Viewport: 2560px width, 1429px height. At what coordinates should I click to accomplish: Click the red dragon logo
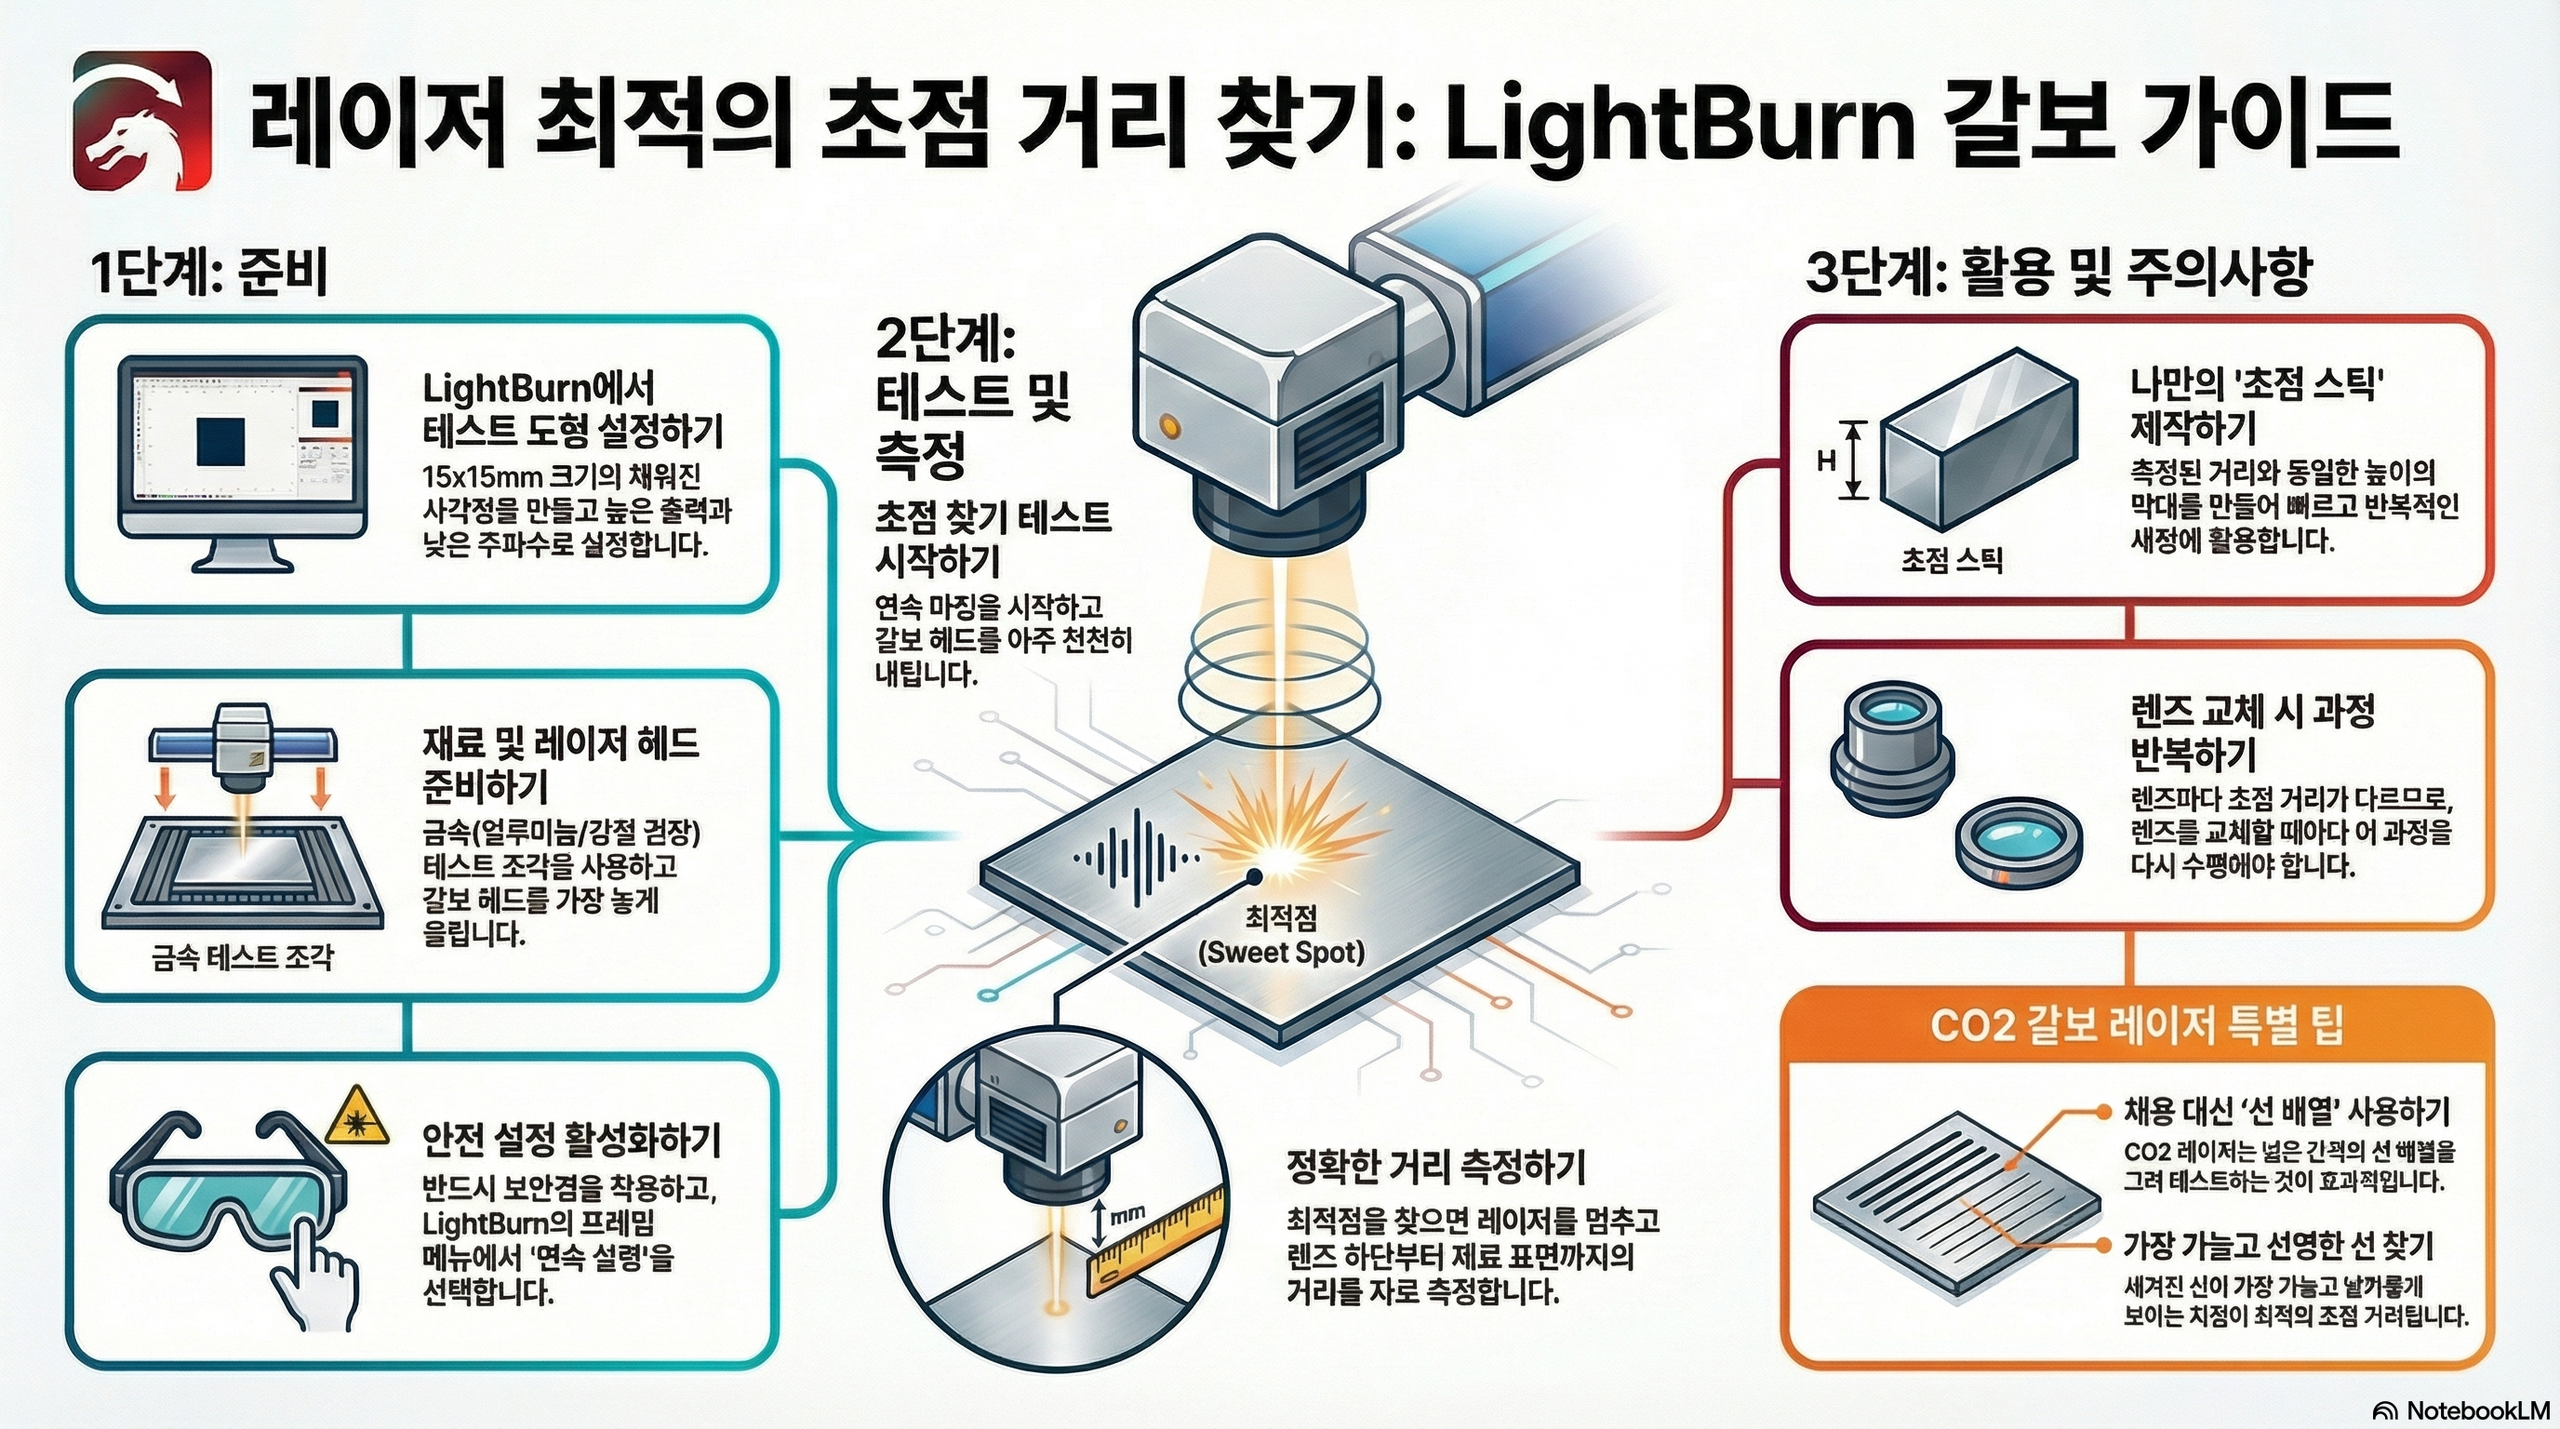click(143, 121)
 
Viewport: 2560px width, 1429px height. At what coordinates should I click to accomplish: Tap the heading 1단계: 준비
click(209, 274)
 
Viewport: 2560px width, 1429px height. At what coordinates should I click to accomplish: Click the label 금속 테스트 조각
click(243, 958)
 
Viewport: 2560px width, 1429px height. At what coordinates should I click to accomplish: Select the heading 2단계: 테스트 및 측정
click(969, 397)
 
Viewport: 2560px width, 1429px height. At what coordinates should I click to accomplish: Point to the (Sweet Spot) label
click(1280, 953)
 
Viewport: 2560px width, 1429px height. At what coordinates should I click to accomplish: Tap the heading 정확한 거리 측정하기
click(1435, 1166)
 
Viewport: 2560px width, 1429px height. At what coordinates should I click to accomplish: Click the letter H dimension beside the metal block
click(1826, 461)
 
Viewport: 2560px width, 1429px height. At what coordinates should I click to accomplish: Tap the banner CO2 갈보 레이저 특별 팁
click(2137, 1024)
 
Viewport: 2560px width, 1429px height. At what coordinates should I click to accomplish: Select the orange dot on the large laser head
click(1168, 426)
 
